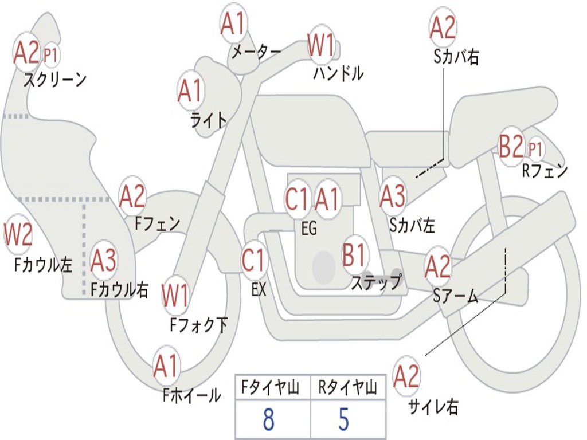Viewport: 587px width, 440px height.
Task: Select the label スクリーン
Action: (54, 80)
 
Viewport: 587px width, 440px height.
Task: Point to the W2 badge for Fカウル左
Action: (18, 235)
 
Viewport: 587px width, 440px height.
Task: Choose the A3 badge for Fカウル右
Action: (104, 261)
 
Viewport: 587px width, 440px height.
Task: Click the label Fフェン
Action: (157, 223)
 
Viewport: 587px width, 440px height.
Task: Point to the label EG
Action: (309, 228)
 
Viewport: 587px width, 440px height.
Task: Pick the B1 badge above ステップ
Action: (354, 254)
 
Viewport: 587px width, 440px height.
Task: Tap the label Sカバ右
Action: (456, 57)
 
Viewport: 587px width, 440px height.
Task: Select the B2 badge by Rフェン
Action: (511, 147)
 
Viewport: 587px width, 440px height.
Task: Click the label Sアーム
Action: (456, 296)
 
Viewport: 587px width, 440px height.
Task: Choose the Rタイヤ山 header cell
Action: (347, 388)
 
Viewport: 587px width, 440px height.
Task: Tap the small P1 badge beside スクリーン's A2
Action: (50, 56)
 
